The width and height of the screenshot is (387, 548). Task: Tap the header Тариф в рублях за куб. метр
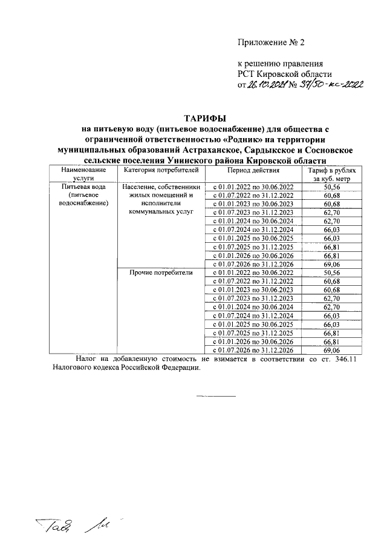click(x=331, y=174)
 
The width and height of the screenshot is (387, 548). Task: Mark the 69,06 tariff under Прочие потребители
click(x=331, y=350)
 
